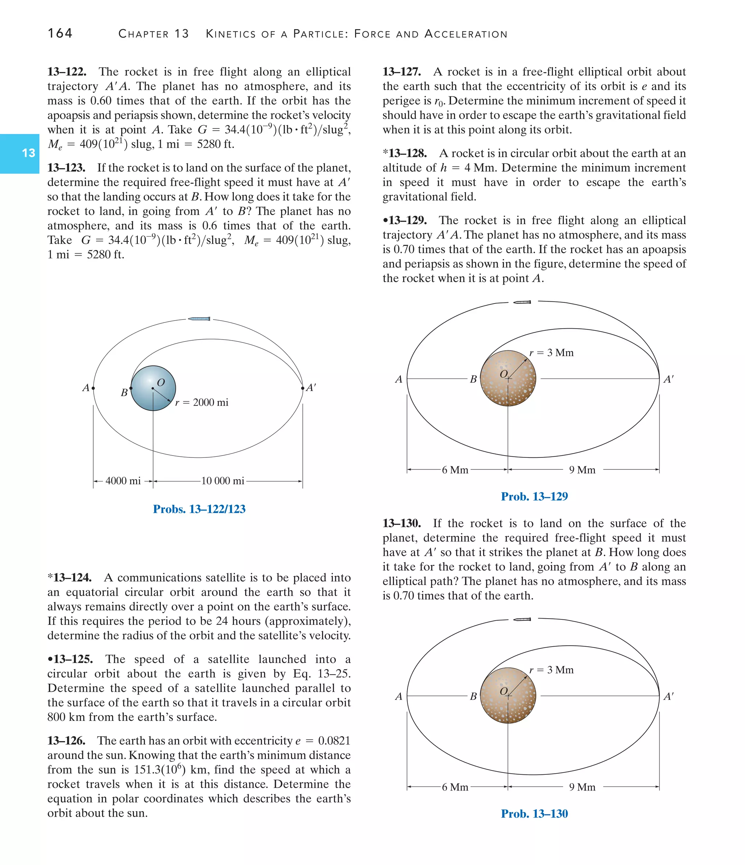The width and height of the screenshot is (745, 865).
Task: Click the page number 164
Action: pyautogui.click(x=60, y=33)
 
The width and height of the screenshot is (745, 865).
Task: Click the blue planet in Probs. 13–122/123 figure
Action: pyautogui.click(x=153, y=388)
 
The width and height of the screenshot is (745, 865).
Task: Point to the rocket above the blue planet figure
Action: pyautogui.click(x=199, y=319)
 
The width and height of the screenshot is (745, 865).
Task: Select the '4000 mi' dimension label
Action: pyautogui.click(x=123, y=481)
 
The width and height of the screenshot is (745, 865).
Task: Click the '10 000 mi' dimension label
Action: pyautogui.click(x=223, y=481)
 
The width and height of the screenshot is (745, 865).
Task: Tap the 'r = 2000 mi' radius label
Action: pyautogui.click(x=202, y=402)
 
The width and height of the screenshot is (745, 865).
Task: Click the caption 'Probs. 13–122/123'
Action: pyautogui.click(x=199, y=509)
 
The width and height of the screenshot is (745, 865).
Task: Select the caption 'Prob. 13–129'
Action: pyautogui.click(x=534, y=497)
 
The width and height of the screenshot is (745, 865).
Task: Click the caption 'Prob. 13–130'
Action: pyautogui.click(x=534, y=814)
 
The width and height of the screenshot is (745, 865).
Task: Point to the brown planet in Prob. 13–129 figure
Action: pyautogui.click(x=508, y=378)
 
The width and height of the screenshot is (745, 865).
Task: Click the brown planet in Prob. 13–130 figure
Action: pyautogui.click(x=508, y=695)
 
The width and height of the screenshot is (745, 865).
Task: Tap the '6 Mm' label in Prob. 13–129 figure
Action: pyautogui.click(x=455, y=470)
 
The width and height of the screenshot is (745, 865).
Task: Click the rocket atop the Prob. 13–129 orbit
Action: pyautogui.click(x=522, y=302)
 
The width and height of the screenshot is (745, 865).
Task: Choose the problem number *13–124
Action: pyautogui.click(x=69, y=578)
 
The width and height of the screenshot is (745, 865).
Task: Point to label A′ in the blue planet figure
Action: pyautogui.click(x=311, y=388)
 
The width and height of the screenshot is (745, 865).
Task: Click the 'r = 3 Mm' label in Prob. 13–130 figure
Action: pyautogui.click(x=552, y=670)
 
